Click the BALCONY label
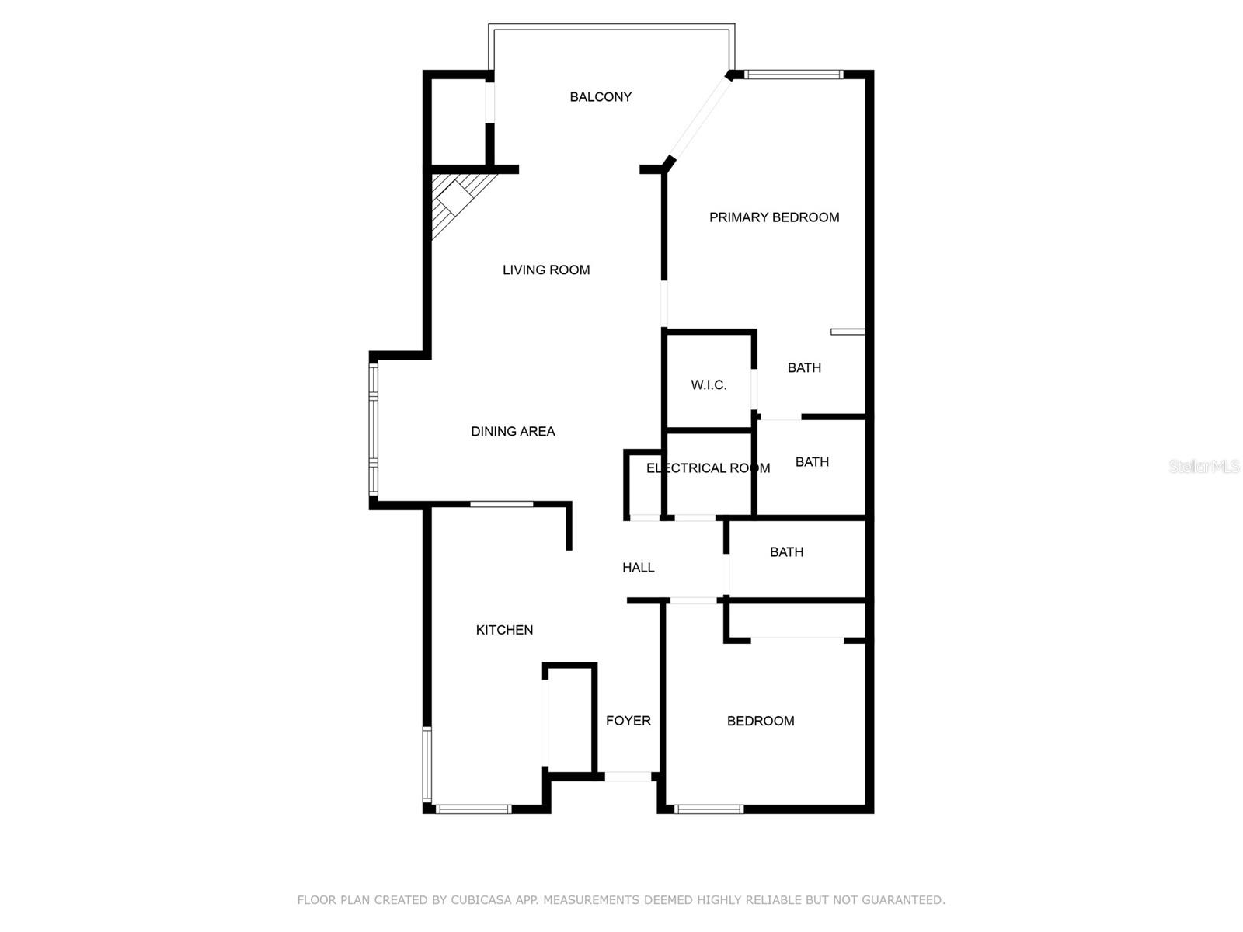click(x=601, y=97)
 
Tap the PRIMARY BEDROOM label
click(x=774, y=217)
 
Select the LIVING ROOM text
click(x=546, y=270)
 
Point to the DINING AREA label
click(x=513, y=432)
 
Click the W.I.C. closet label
click(x=709, y=385)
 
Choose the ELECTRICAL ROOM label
click(x=708, y=468)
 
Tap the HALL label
click(x=638, y=568)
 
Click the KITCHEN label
click(x=504, y=630)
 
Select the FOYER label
click(x=628, y=721)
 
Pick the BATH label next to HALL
click(x=786, y=552)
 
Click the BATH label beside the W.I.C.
click(x=804, y=368)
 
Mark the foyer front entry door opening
click(x=628, y=776)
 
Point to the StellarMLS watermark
click(x=1203, y=466)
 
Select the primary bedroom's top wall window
click(x=793, y=75)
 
